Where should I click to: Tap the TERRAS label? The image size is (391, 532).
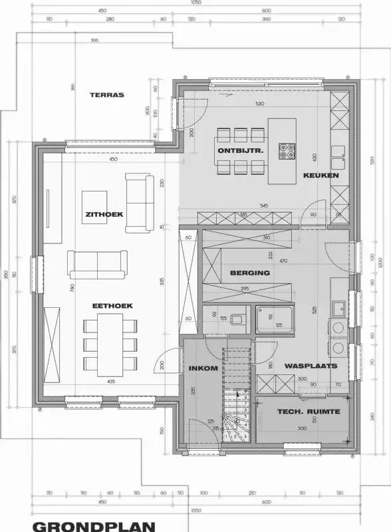(107, 95)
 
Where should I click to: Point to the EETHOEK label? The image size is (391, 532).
(112, 305)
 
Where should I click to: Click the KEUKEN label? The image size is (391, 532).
(321, 176)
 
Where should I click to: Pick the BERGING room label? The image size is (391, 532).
(249, 273)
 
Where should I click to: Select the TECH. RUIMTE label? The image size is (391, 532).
(308, 412)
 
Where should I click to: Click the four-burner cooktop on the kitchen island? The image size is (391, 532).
(287, 151)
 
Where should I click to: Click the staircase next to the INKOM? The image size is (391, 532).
(236, 412)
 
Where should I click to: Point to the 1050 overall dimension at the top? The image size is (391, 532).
(195, 3)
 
